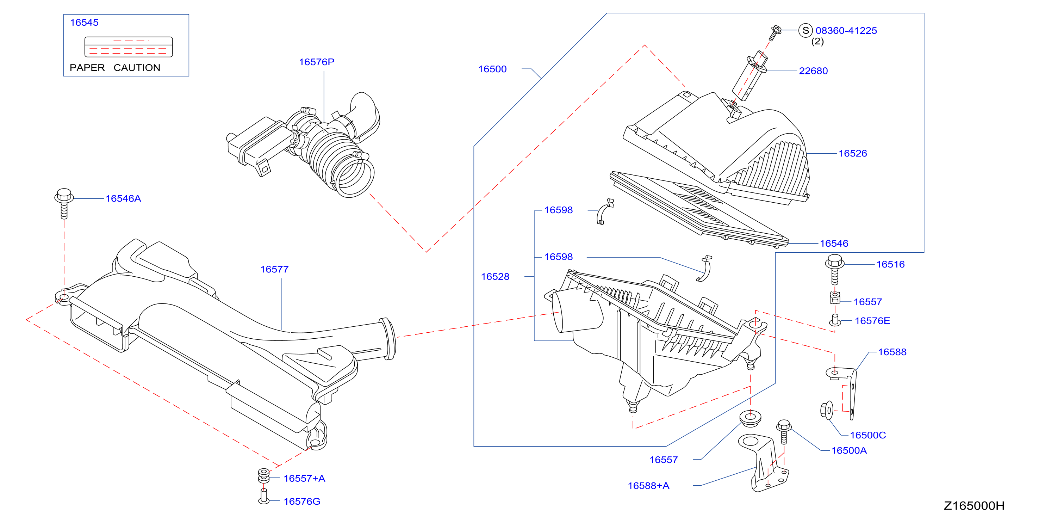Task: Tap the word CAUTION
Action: pyautogui.click(x=137, y=68)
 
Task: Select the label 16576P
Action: pyautogui.click(x=316, y=62)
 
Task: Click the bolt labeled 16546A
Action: pyautogui.click(x=64, y=203)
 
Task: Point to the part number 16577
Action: pyautogui.click(x=274, y=270)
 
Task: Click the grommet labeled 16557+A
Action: pyautogui.click(x=264, y=476)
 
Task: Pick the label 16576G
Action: pyautogui.click(x=302, y=502)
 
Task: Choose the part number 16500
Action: pyautogui.click(x=492, y=69)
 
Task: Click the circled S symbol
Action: pyautogui.click(x=805, y=30)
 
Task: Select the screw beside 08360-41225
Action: pyautogui.click(x=775, y=33)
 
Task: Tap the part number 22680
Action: pyautogui.click(x=813, y=70)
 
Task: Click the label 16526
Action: pyautogui.click(x=853, y=154)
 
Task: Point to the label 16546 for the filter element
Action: pyautogui.click(x=834, y=244)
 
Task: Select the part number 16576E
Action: pyautogui.click(x=872, y=321)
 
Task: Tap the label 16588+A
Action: pyautogui.click(x=648, y=486)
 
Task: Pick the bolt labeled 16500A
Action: pyautogui.click(x=784, y=432)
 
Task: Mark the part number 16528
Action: pyautogui.click(x=495, y=277)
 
